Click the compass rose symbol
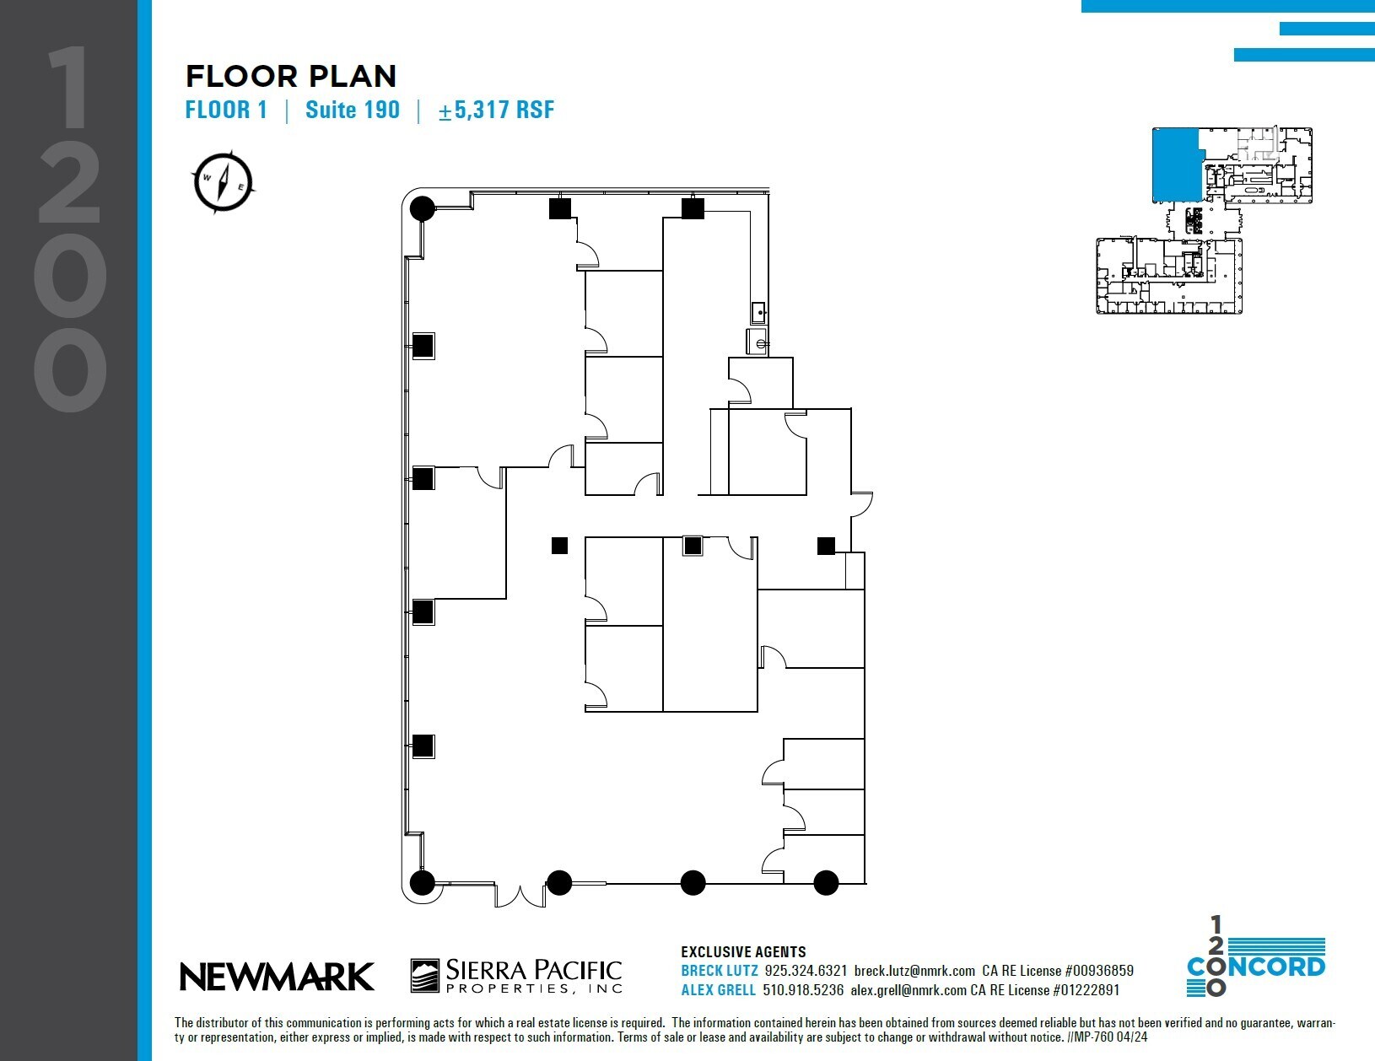(x=224, y=180)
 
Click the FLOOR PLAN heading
(x=291, y=77)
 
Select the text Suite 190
(x=353, y=110)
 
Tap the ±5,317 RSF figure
(x=496, y=110)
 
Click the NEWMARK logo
(x=277, y=977)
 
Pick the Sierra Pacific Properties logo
(x=516, y=976)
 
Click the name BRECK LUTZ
(x=719, y=971)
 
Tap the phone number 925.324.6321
(x=806, y=971)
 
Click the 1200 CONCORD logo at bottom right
(x=1255, y=956)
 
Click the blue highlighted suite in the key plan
(x=1175, y=164)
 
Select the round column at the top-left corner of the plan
(x=423, y=207)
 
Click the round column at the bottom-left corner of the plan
(x=423, y=883)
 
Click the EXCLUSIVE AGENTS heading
(x=743, y=952)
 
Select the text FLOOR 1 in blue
(x=226, y=110)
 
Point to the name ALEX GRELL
(x=719, y=990)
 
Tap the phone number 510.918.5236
(x=803, y=990)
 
